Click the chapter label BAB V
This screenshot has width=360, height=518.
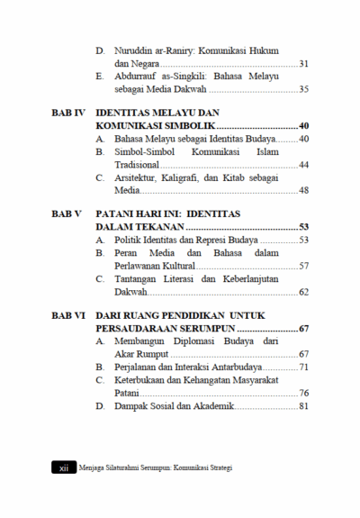(x=67, y=214)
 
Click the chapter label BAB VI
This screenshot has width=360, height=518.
(x=67, y=315)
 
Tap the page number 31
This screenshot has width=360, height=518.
(x=303, y=64)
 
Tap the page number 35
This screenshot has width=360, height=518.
(x=303, y=89)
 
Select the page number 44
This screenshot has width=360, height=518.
(x=303, y=165)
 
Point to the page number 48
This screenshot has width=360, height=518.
(x=303, y=190)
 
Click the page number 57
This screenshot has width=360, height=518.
(x=303, y=266)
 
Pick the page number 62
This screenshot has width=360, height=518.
(x=303, y=291)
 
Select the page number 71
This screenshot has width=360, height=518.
(x=303, y=368)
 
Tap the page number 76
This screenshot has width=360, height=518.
(x=303, y=393)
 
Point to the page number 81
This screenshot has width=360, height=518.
(x=303, y=406)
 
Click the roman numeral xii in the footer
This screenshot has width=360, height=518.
(x=64, y=468)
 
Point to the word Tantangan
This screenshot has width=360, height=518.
(x=139, y=278)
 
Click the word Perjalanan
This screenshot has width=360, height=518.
(x=139, y=368)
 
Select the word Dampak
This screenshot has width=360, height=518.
(x=132, y=406)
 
